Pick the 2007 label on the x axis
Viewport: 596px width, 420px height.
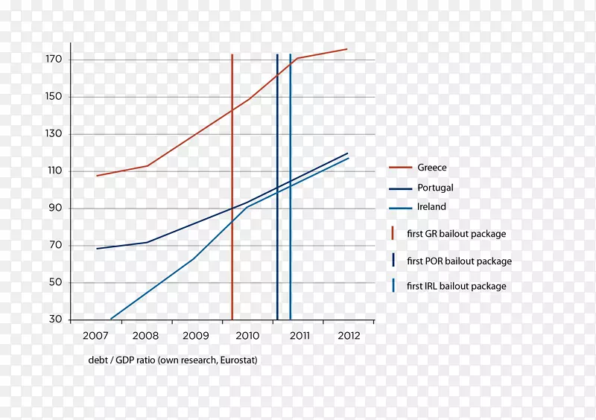(x=96, y=336)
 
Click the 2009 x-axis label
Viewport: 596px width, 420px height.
(x=197, y=336)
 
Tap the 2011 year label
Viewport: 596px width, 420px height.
(x=299, y=336)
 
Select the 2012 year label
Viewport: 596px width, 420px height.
(x=348, y=336)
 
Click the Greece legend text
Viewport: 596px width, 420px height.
(x=432, y=168)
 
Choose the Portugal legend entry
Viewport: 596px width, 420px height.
(x=435, y=188)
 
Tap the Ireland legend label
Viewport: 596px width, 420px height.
(x=432, y=207)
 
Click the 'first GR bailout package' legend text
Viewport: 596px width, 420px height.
(x=456, y=234)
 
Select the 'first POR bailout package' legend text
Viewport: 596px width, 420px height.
(x=459, y=261)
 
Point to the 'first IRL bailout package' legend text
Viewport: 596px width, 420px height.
(x=456, y=286)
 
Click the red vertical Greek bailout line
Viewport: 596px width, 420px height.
(x=232, y=223)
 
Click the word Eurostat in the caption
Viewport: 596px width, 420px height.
(x=237, y=360)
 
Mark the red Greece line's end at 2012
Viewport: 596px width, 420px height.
(x=346, y=49)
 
